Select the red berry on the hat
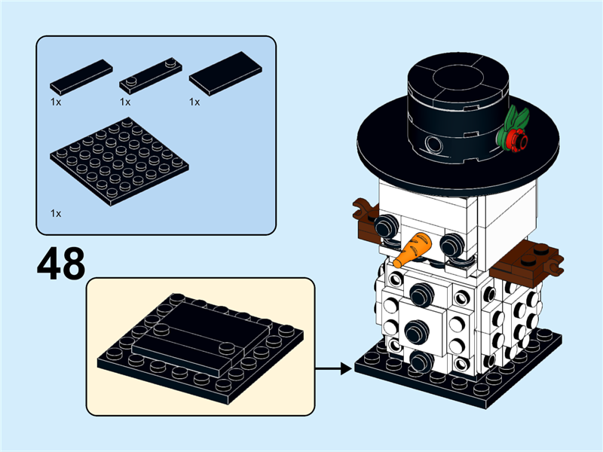516,139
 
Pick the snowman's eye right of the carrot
451,243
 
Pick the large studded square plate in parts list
119,162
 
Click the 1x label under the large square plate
56,213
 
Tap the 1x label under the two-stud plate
125,102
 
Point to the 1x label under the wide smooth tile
194,102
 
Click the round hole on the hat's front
433,143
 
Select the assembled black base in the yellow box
200,343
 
